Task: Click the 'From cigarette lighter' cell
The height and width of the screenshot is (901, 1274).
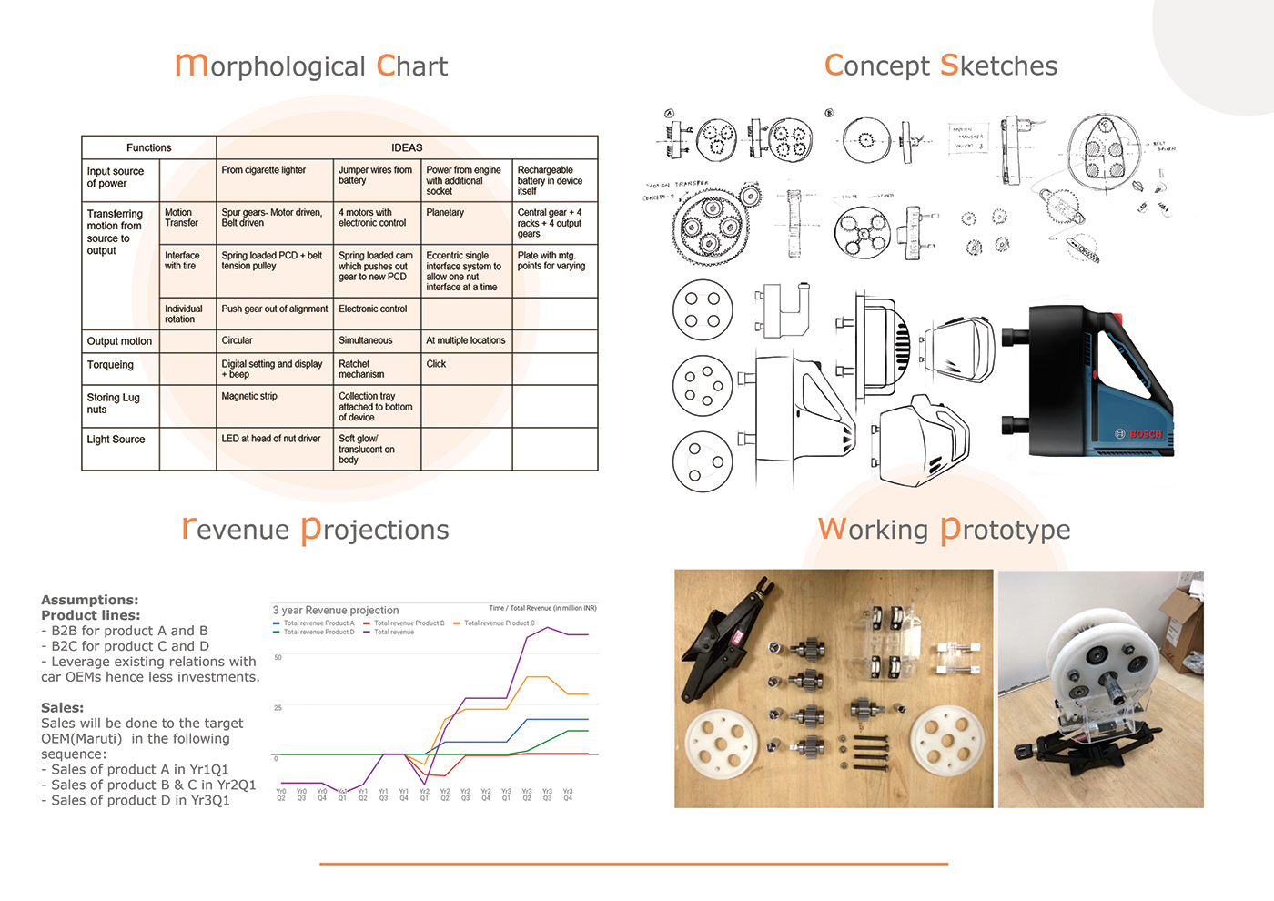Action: (x=264, y=170)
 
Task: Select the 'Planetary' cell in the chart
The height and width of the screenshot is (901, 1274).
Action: (x=445, y=213)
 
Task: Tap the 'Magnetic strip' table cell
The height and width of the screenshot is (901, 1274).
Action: (x=249, y=397)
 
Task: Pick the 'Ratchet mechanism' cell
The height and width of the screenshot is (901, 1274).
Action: (x=361, y=369)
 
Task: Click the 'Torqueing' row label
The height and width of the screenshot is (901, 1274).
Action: (x=110, y=365)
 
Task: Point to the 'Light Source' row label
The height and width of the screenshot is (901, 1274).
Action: (x=116, y=440)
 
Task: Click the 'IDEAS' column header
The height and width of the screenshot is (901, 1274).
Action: (x=407, y=147)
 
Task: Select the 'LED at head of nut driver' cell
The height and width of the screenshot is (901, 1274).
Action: (x=271, y=439)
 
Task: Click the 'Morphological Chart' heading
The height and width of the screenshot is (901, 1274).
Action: (x=311, y=66)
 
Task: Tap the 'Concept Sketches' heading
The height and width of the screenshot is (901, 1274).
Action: (x=940, y=66)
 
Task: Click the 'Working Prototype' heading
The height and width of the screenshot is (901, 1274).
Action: (x=944, y=529)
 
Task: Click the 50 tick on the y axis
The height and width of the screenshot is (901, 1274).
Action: (x=278, y=657)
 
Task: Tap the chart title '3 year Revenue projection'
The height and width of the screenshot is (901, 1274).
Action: (x=336, y=610)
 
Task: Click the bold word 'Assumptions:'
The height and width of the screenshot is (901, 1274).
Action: (x=90, y=600)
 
